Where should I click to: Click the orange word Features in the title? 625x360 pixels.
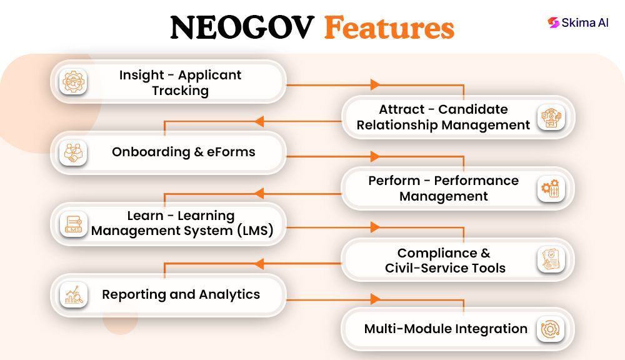(x=389, y=28)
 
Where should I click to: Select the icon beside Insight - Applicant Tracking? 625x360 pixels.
(x=74, y=82)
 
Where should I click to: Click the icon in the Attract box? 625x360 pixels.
(x=551, y=117)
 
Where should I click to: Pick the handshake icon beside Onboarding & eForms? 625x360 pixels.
(x=74, y=152)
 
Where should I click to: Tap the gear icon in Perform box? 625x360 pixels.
(x=551, y=188)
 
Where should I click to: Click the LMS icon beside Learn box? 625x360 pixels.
(x=74, y=224)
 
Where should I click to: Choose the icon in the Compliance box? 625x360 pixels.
(x=551, y=259)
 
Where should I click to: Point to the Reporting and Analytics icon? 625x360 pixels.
(x=74, y=294)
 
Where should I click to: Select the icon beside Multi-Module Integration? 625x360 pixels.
(x=551, y=329)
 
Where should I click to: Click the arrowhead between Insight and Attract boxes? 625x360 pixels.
(x=375, y=84)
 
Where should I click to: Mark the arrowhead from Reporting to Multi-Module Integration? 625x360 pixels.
(x=375, y=299)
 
